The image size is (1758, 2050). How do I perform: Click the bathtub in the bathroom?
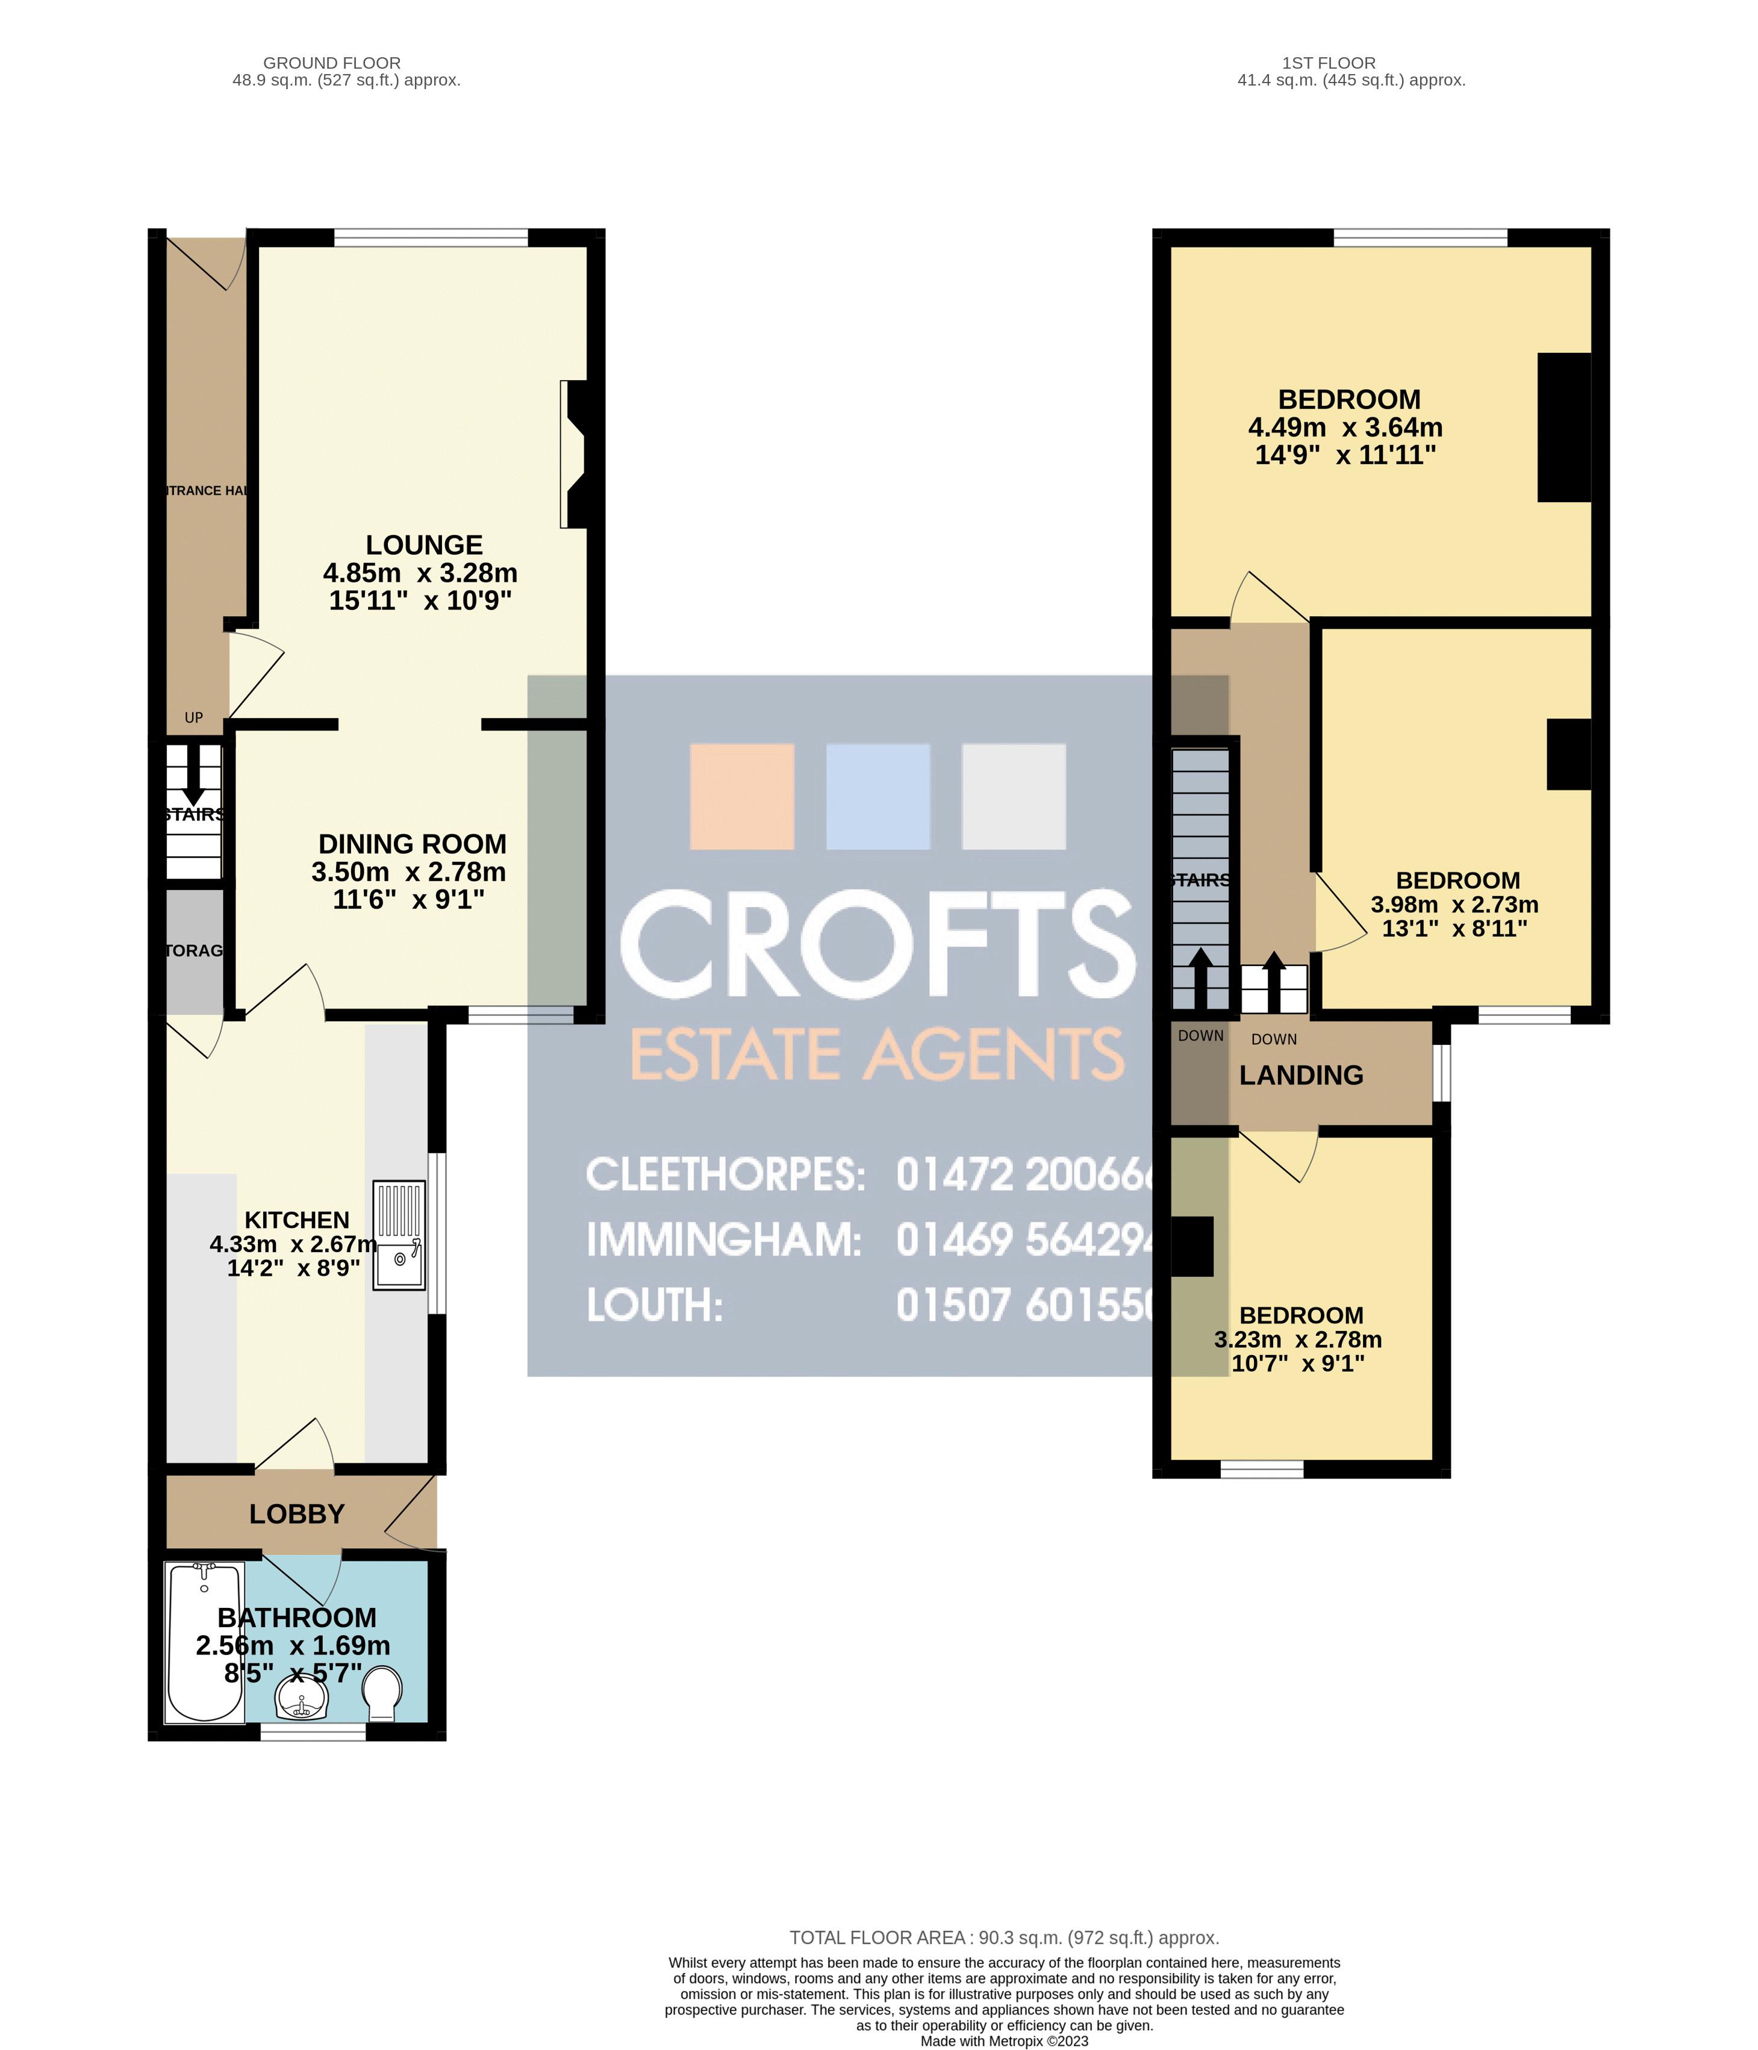(x=205, y=1642)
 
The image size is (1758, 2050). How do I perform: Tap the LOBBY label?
(x=297, y=1514)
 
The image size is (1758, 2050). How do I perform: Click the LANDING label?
(x=1301, y=1076)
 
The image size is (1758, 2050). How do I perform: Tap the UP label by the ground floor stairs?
(x=194, y=717)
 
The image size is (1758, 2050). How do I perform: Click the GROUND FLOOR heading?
(x=331, y=63)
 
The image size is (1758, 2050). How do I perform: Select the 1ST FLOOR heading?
(x=1329, y=63)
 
